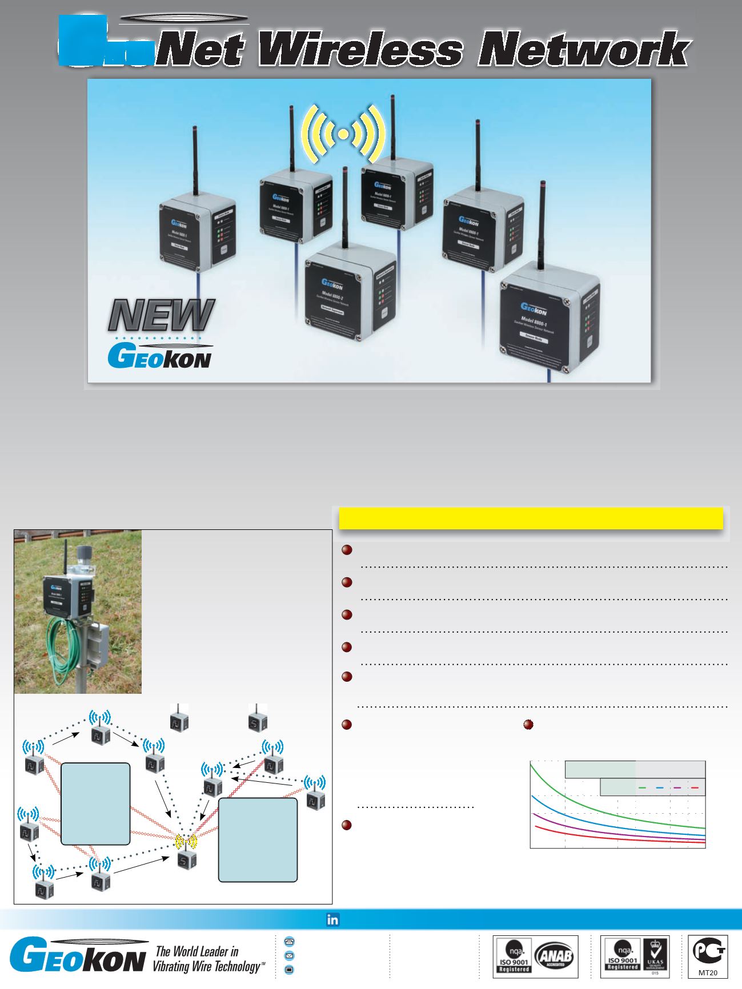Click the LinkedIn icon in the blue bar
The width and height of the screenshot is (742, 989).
[332, 919]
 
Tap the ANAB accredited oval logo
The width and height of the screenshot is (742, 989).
[554, 956]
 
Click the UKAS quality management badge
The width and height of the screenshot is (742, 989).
[655, 956]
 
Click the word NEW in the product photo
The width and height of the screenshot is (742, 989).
[162, 315]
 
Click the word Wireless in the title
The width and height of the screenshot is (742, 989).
[360, 50]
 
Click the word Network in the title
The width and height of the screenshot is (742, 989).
[583, 50]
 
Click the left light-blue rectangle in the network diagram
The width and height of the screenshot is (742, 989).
[95, 803]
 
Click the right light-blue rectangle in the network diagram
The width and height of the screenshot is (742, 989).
[258, 840]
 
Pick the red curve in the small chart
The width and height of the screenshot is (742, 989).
[617, 839]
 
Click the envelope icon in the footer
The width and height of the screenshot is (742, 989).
[289, 955]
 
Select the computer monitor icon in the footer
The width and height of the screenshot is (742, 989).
[289, 969]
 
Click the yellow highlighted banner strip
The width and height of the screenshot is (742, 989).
[531, 518]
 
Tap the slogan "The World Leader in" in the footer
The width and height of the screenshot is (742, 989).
[197, 951]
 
